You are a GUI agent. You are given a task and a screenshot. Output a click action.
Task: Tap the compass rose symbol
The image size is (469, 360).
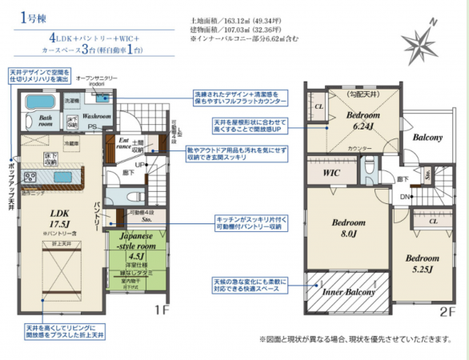tap(423, 41)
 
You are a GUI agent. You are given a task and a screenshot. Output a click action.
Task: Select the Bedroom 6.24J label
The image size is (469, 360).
tap(362, 121)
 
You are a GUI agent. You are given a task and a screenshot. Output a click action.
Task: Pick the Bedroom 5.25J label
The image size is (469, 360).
tap(421, 265)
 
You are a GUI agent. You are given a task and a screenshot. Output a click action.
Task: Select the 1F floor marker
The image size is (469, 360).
tap(162, 308)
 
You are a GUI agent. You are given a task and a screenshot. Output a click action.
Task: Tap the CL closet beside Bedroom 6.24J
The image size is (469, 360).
tap(318, 106)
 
